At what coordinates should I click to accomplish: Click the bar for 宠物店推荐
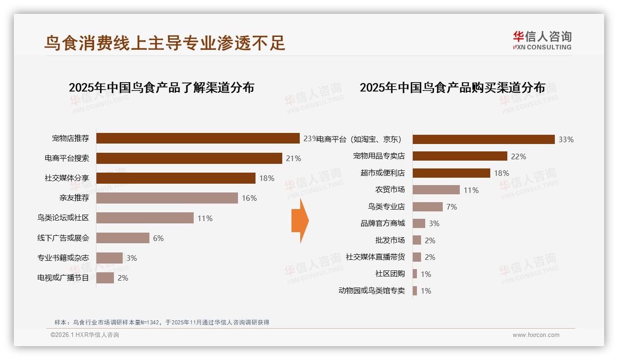point(198,138)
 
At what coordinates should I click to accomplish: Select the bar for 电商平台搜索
point(189,158)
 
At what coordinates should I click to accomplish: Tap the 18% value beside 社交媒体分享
point(267,178)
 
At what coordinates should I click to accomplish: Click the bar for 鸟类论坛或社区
point(145,218)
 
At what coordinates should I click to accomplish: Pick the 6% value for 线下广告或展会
point(158,238)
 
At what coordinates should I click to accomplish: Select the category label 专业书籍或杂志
point(63,258)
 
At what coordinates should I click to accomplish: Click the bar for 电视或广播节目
point(105,278)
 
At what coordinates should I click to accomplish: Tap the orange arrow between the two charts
point(300,221)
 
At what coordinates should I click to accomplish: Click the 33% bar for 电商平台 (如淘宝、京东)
point(483,139)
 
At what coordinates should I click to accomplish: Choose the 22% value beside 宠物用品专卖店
point(518,156)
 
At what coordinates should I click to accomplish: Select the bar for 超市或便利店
point(451,173)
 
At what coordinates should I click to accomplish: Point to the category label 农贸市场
point(390,190)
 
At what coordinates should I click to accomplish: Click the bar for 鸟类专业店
point(428,207)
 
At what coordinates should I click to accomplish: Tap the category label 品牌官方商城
point(382,223)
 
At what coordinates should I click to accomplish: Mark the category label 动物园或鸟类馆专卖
point(371,291)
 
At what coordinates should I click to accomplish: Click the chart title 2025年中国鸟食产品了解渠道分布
point(161,88)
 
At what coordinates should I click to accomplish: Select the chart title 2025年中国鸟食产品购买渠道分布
point(452,88)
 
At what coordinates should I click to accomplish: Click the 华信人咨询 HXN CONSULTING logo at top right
point(542,41)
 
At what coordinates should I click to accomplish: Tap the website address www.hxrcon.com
point(536,335)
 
